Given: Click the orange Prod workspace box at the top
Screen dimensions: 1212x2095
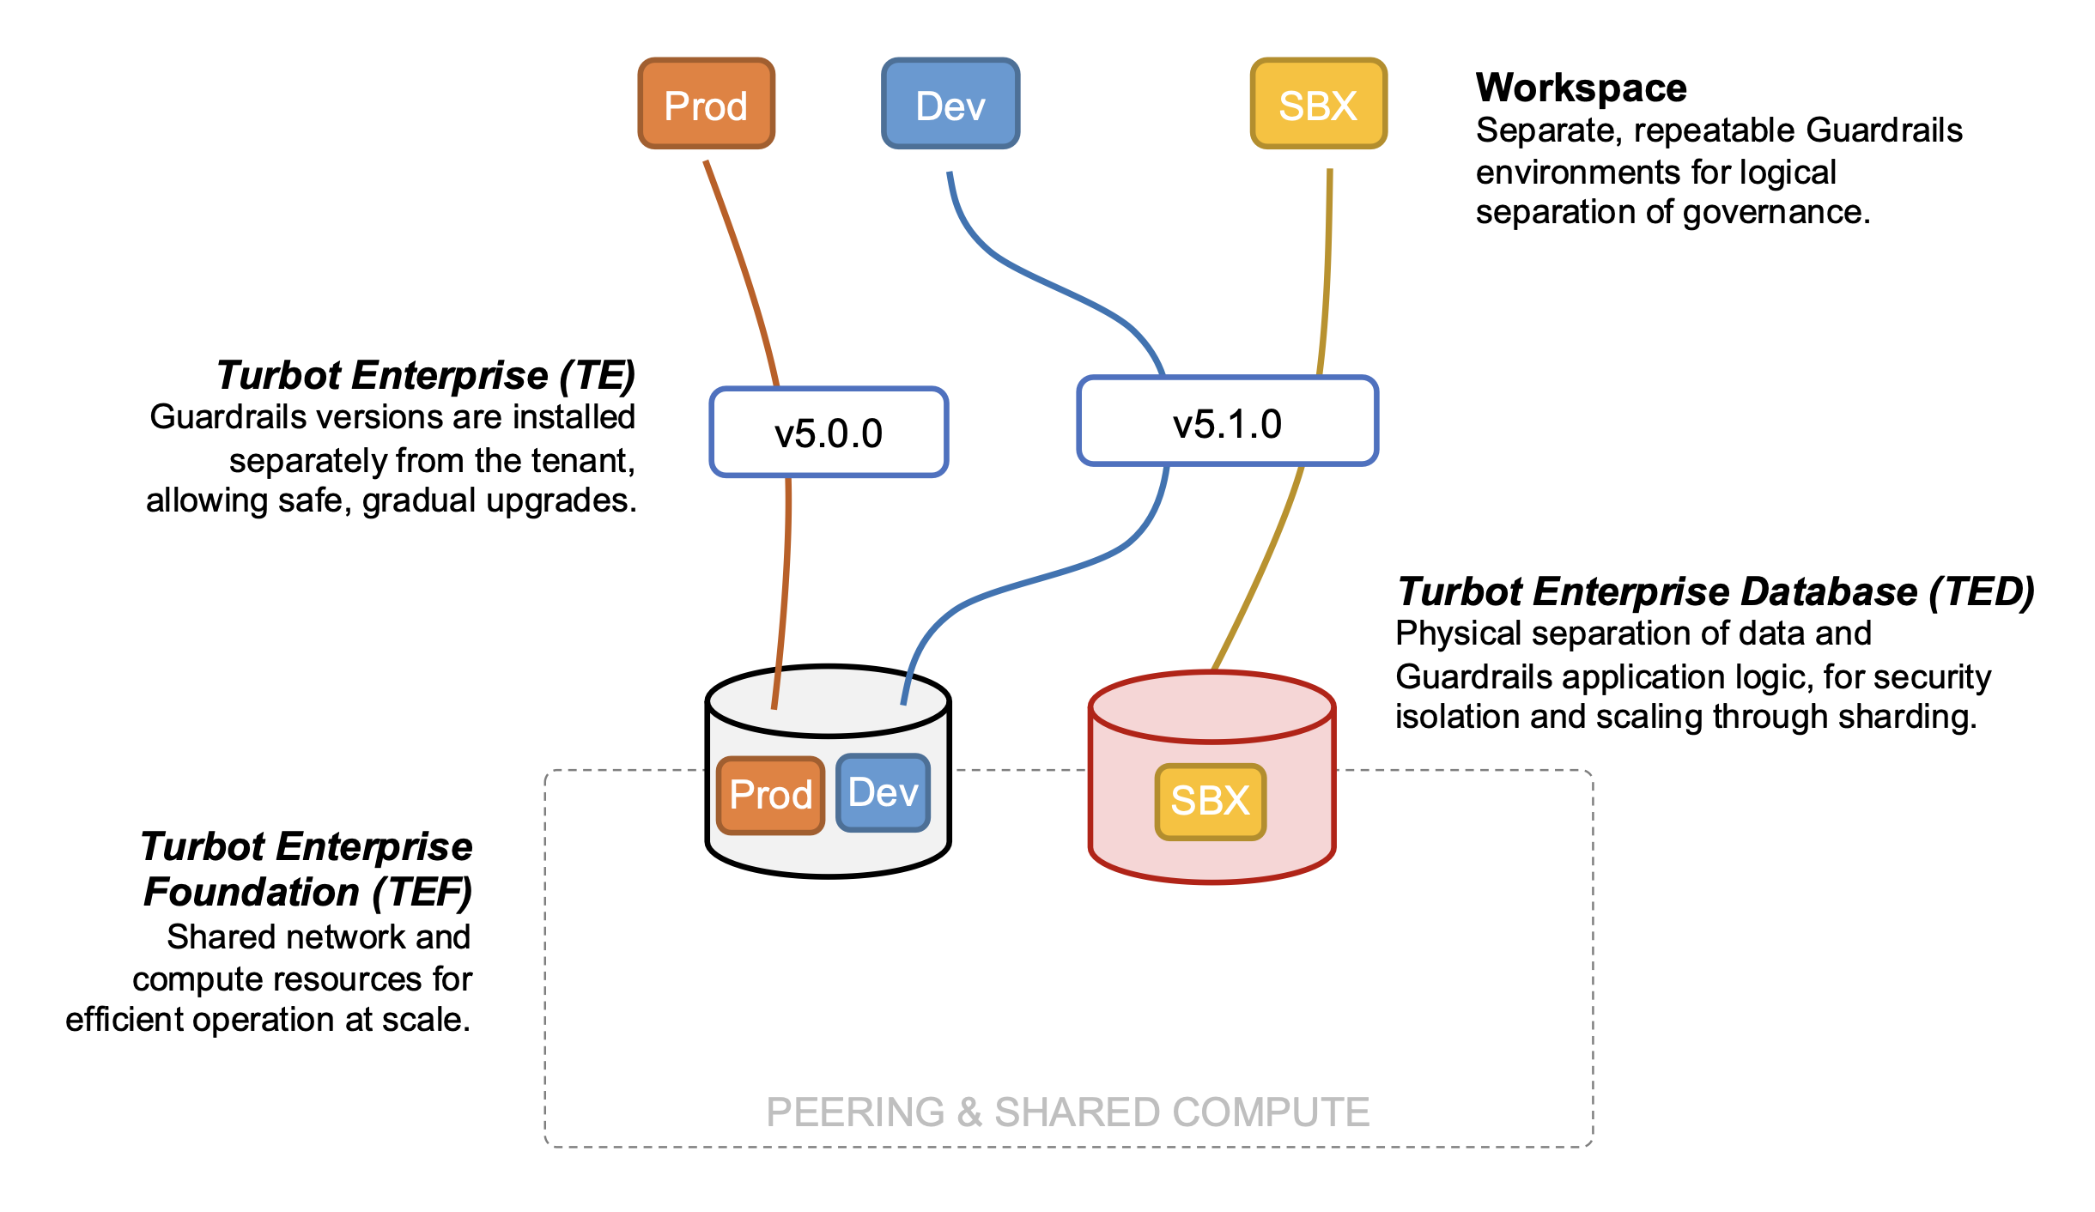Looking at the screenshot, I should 706,104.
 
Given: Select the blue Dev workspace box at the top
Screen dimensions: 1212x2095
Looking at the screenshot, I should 950,104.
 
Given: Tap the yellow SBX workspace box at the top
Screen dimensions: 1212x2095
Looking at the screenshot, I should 1318,104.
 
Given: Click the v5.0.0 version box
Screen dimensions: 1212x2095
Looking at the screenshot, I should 829,432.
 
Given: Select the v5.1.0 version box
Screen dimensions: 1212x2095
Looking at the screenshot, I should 1227,421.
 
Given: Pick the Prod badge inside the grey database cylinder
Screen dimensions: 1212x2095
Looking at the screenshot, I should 770,795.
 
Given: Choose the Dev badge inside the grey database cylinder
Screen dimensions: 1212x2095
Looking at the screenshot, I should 883,792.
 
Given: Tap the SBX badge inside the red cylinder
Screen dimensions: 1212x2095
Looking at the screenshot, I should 1210,801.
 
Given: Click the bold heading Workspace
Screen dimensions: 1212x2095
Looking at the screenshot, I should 1581,88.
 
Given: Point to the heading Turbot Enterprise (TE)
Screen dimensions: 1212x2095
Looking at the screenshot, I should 425,375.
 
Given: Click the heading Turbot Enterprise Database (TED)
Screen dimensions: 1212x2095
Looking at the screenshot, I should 1715,591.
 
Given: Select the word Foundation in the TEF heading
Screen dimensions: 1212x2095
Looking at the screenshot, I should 251,892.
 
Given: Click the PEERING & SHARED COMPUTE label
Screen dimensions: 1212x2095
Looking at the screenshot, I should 1067,1112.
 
